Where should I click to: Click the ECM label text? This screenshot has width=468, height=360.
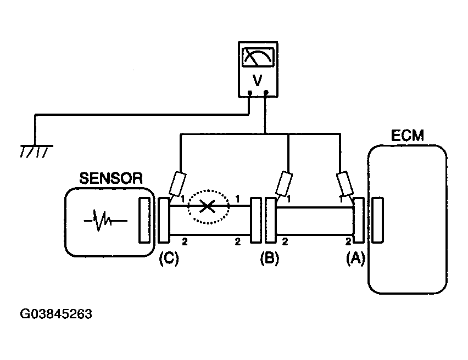pos(407,136)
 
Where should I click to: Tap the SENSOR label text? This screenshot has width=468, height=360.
pos(111,178)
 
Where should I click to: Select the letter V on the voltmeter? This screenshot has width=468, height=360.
pos(257,80)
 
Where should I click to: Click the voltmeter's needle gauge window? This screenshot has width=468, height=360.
pos(258,57)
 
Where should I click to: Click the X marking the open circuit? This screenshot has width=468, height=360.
pos(207,206)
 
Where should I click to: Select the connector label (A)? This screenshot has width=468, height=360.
pos(355,258)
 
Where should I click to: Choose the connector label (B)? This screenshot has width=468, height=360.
pos(270,258)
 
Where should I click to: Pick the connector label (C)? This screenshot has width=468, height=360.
pos(169,258)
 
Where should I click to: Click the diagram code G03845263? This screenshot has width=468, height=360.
pos(56,314)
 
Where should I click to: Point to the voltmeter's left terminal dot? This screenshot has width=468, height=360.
pos(250,93)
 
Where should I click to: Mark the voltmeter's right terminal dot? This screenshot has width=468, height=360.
pos(266,92)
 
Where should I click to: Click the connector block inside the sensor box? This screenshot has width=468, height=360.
pos(144,220)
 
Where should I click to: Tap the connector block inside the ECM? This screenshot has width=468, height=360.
pos(378,220)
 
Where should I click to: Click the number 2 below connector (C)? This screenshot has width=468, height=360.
pos(185,242)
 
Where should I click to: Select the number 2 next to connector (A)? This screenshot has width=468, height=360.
pos(348,242)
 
